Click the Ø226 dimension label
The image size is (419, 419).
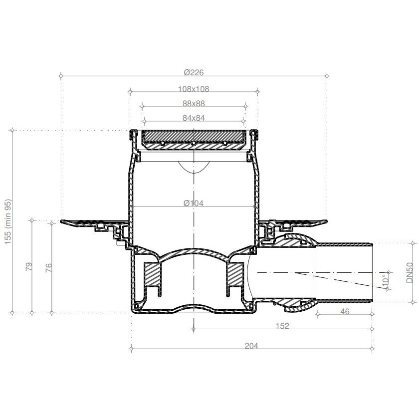(194, 72)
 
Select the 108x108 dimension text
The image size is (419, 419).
(194, 89)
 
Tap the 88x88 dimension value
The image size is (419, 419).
(194, 103)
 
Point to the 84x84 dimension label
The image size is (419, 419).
(194, 118)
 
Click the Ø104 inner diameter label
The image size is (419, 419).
(194, 204)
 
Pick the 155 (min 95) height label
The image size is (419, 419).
(8, 221)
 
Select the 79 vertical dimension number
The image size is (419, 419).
(28, 266)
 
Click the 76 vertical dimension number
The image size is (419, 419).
(49, 267)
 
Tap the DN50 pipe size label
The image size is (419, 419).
(410, 272)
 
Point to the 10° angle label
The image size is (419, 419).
(385, 281)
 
